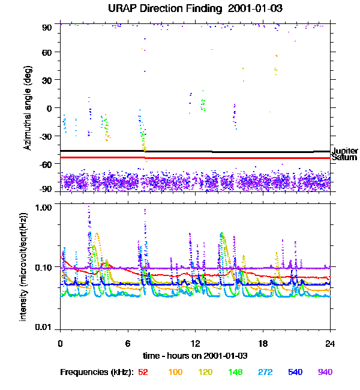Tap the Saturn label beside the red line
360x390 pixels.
point(344,158)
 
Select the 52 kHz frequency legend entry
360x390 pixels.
point(143,372)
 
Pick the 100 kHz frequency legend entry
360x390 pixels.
point(175,372)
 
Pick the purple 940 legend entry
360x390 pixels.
point(325,372)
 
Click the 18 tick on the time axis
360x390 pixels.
point(263,343)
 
